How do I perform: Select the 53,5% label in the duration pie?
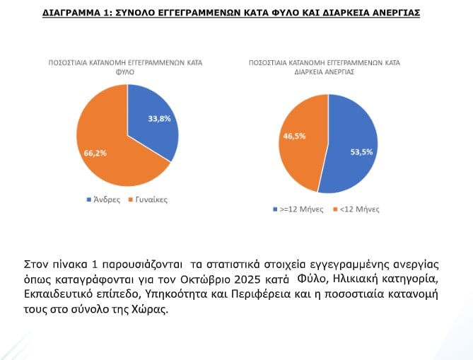pyautogui.click(x=354, y=151)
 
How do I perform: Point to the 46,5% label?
pyautogui.click(x=295, y=136)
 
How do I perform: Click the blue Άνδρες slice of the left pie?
pyautogui.click(x=152, y=134)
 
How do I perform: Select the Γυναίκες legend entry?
pyautogui.click(x=149, y=199)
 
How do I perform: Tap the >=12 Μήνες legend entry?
pyautogui.click(x=300, y=209)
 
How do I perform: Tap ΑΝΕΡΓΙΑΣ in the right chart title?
pyautogui.click(x=339, y=71)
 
